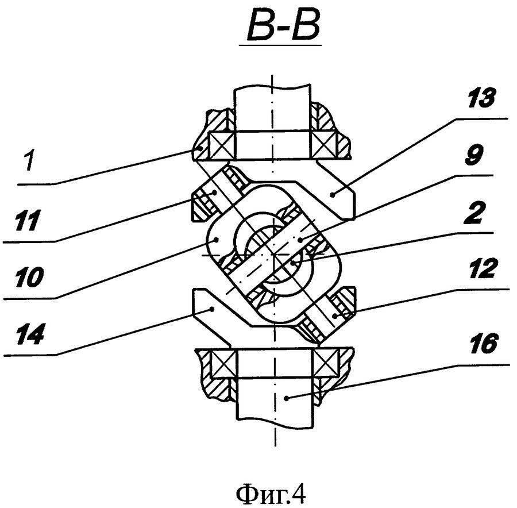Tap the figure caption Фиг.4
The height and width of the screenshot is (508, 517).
pyautogui.click(x=271, y=494)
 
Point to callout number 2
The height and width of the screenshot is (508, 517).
pyautogui.click(x=473, y=214)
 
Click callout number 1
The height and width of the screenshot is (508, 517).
pyautogui.click(x=30, y=161)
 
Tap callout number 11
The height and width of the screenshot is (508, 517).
pyautogui.click(x=26, y=220)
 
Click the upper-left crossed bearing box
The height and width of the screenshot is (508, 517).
pyautogui.click(x=222, y=145)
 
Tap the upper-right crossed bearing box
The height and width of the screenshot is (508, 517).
pyautogui.click(x=324, y=145)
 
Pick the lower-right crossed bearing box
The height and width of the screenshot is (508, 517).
pyautogui.click(x=326, y=363)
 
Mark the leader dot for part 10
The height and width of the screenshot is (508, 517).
pyautogui.click(x=216, y=240)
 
